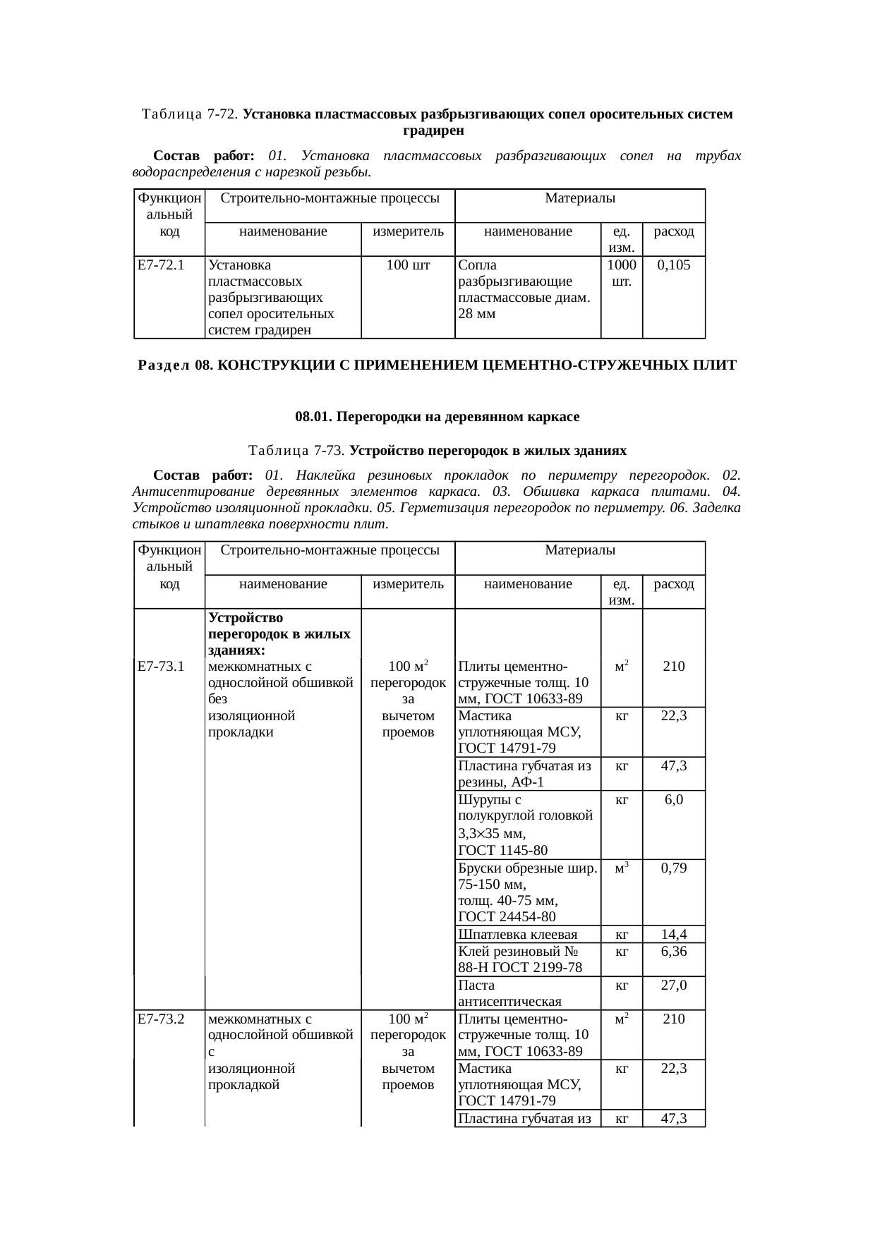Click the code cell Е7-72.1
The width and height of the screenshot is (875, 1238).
[x=161, y=266]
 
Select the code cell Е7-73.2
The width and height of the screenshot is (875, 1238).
[x=161, y=1019]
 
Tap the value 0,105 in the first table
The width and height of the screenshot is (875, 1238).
[x=673, y=266]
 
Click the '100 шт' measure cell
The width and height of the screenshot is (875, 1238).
[x=408, y=266]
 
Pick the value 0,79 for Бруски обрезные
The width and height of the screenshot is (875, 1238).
[x=673, y=868]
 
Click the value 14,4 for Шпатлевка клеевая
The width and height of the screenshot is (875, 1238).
[x=673, y=935]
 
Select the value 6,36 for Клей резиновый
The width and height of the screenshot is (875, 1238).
[x=673, y=951]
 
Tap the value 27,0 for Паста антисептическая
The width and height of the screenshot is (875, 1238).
[x=673, y=985]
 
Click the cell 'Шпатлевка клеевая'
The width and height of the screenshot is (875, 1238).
[x=517, y=935]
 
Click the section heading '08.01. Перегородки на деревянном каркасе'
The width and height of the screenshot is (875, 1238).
[x=437, y=417]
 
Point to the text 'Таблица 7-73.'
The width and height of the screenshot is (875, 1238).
[x=296, y=451]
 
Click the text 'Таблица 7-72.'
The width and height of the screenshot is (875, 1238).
[x=190, y=114]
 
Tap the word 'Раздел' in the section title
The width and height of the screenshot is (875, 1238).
[x=164, y=365]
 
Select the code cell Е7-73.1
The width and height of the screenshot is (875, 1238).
[x=161, y=666]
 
